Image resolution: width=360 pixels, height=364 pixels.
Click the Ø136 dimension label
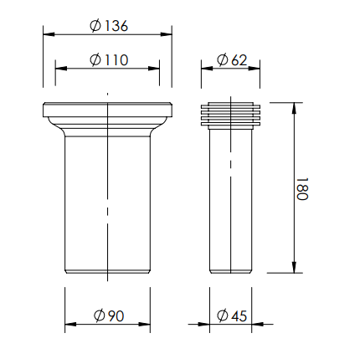click(x=109, y=26)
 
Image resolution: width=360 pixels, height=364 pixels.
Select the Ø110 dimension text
click(x=109, y=59)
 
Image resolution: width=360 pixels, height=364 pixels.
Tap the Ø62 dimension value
click(x=232, y=59)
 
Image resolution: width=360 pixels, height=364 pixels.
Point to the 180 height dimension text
click(x=302, y=189)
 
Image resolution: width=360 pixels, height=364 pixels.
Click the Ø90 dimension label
click(x=109, y=315)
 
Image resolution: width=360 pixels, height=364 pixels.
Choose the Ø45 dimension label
click(x=232, y=315)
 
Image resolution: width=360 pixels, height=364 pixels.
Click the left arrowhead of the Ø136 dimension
click(x=49, y=34)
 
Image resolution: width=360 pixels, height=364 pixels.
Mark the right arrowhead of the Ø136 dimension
click(x=167, y=34)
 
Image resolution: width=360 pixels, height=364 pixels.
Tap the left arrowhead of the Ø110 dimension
click(x=61, y=69)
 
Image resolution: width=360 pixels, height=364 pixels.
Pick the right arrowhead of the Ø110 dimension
click(x=154, y=69)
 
